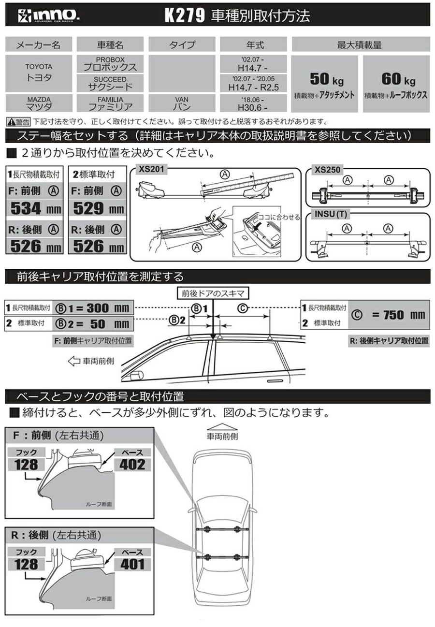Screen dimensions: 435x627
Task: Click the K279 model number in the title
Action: tap(185, 15)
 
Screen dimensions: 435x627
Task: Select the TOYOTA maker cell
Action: tap(39, 73)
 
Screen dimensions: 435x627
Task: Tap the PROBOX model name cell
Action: tap(110, 64)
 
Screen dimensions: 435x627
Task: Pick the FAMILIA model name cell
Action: tap(110, 103)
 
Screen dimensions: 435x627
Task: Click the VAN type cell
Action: tap(182, 103)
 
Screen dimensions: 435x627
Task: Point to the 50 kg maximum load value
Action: tap(327, 79)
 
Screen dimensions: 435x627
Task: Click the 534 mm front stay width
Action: tap(36, 208)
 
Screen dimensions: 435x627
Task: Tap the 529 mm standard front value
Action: tap(98, 208)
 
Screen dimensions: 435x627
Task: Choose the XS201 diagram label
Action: tap(151, 169)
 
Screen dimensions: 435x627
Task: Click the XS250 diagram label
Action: tap(327, 170)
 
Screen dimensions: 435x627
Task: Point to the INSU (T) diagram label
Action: tap(331, 214)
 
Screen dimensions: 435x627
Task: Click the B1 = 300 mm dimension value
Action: tap(93, 308)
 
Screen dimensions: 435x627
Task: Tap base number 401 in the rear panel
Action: tap(132, 565)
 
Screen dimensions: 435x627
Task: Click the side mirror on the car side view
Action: tap(137, 375)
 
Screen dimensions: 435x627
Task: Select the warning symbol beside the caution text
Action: tap(12, 122)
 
